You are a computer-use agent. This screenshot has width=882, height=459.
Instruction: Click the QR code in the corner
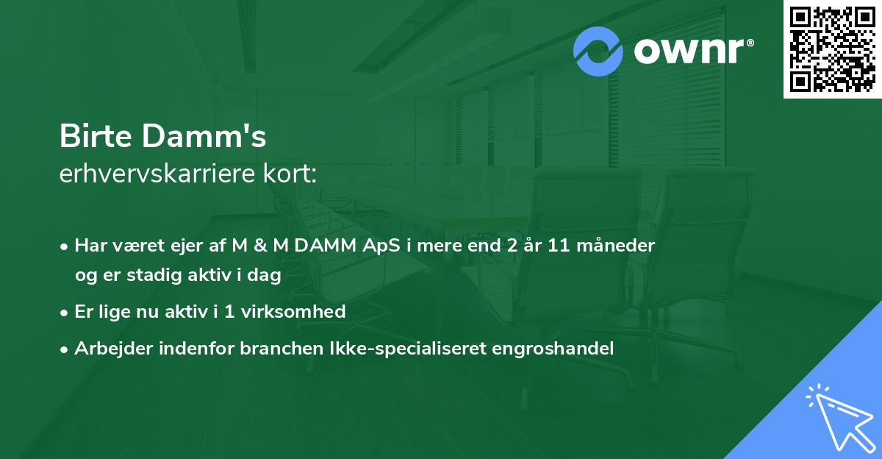[x=833, y=49]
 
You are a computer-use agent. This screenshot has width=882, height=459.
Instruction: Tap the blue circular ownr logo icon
[x=598, y=51]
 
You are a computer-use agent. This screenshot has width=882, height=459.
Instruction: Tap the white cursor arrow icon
[x=840, y=417]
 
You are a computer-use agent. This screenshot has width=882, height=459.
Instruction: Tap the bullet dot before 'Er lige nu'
[x=65, y=312]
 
